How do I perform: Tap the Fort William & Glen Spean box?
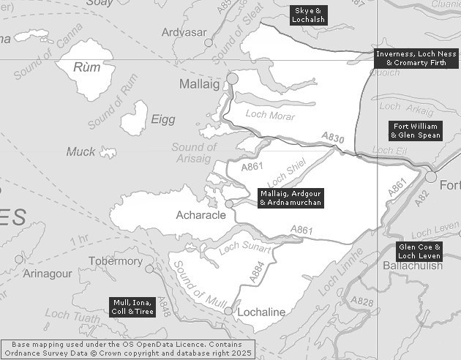pyautogui.click(x=415, y=130)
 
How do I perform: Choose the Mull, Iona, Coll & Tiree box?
pyautogui.click(x=134, y=307)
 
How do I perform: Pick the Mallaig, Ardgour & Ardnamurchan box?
pyautogui.click(x=291, y=198)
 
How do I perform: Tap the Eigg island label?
pyautogui.click(x=162, y=119)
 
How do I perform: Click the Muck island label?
pyautogui.click(x=80, y=152)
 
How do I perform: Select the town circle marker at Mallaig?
pyautogui.click(x=233, y=78)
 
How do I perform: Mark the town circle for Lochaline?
pyautogui.click(x=228, y=312)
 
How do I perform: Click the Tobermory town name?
pyautogui.click(x=116, y=261)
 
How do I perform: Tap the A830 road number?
pyautogui.click(x=332, y=138)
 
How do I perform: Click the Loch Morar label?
pyautogui.click(x=270, y=116)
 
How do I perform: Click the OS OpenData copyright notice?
pyautogui.click(x=127, y=348)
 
